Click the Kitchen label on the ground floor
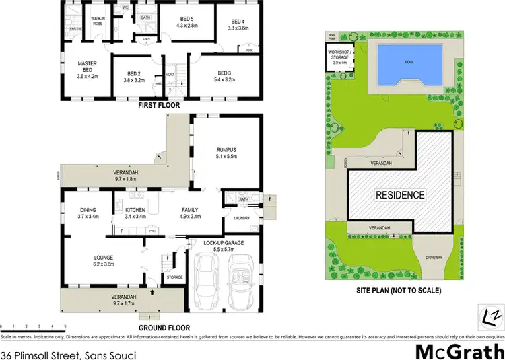(x=135, y=213)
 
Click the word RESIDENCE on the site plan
(x=400, y=195)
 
